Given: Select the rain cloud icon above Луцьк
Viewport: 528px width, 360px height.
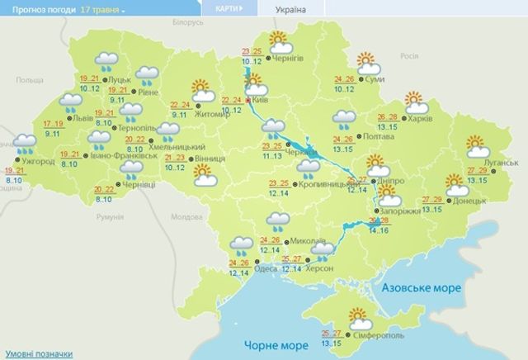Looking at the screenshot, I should [x=106, y=59].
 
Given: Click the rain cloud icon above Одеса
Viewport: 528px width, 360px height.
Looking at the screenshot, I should [x=241, y=244].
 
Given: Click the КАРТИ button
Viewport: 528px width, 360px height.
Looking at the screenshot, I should [x=226, y=9].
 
